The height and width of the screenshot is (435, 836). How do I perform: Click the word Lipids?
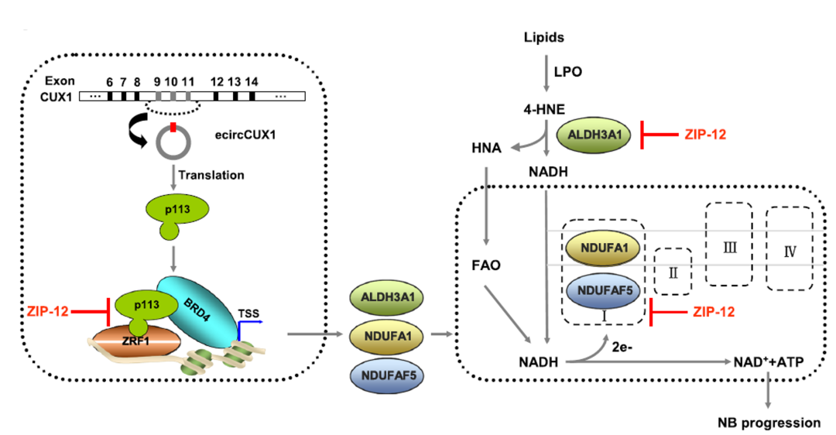(543, 37)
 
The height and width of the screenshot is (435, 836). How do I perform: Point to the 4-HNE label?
(543, 109)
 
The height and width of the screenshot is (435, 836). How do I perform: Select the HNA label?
(485, 147)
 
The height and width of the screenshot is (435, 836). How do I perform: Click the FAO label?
(485, 265)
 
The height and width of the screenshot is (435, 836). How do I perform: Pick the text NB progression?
(767, 423)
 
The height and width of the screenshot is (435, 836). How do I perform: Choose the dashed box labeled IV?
(790, 248)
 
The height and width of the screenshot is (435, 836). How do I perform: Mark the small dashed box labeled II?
(673, 271)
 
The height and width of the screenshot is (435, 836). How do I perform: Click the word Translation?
(211, 175)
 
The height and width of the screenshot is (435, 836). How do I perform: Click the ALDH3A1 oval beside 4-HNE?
(594, 134)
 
